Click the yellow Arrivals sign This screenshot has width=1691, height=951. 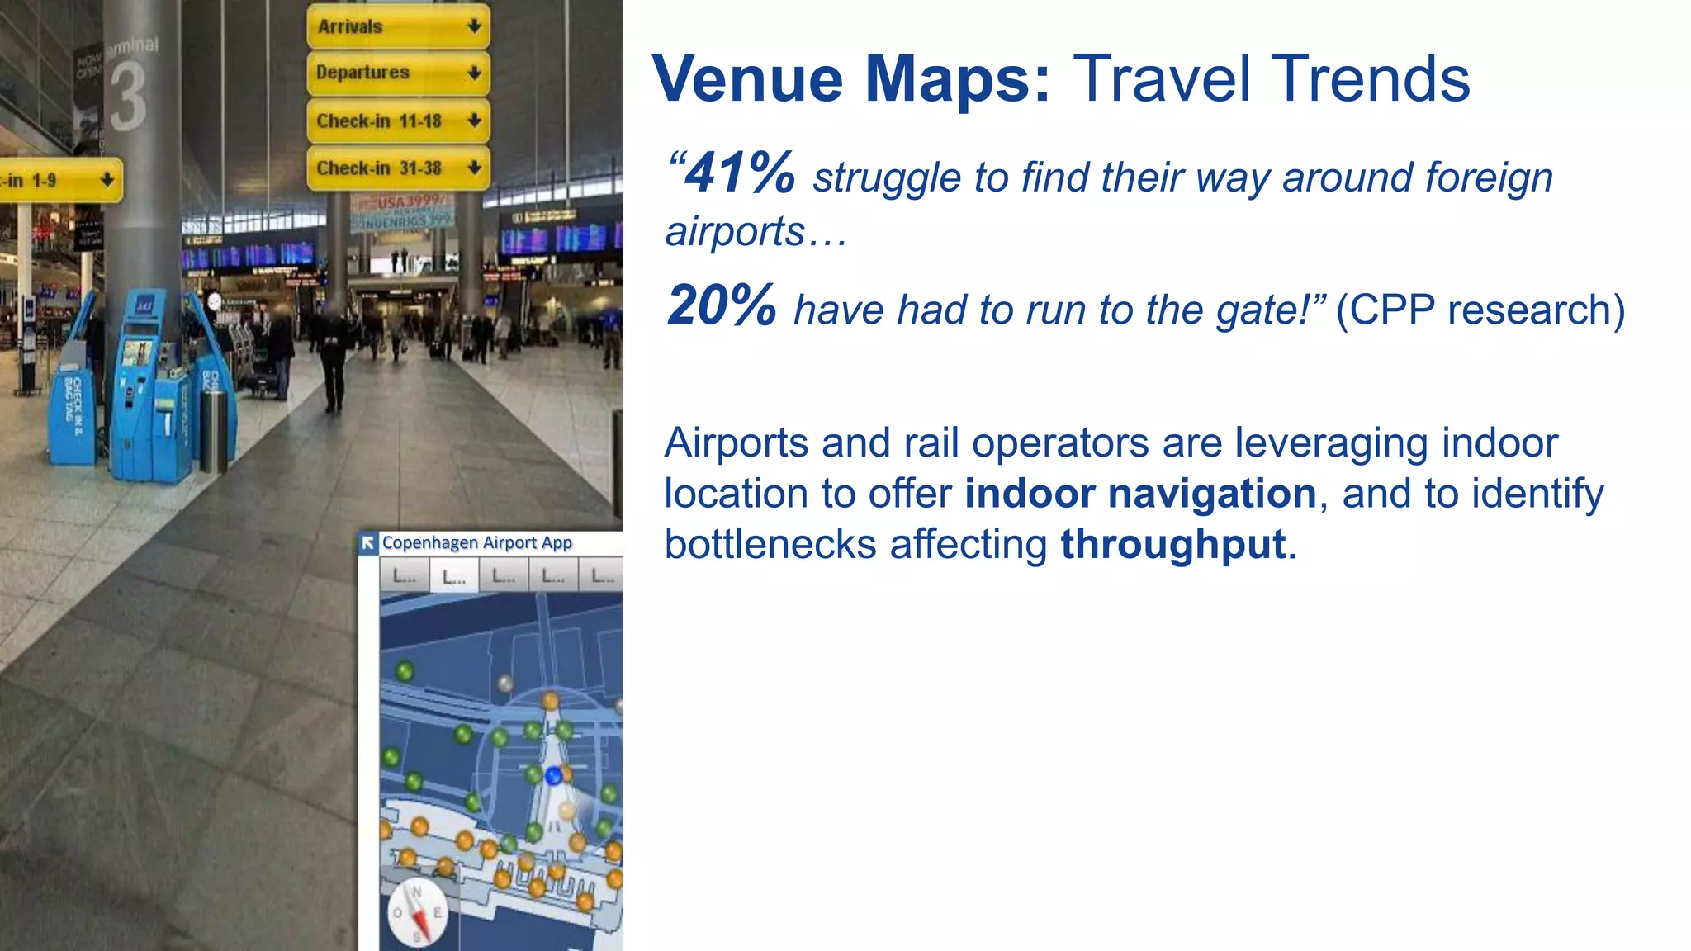pos(398,26)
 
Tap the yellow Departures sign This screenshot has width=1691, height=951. pos(398,73)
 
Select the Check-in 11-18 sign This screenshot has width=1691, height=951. pos(398,121)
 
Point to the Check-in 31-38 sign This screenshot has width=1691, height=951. pos(398,168)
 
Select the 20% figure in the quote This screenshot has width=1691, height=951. pos(722,305)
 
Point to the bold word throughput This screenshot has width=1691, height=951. pos(1173,545)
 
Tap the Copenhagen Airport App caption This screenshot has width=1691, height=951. pos(477,542)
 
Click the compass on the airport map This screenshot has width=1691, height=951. pos(417,913)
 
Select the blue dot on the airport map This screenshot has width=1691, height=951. pos(554,775)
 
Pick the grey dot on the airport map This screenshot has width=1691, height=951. pos(505,683)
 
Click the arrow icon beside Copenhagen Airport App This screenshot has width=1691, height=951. pos(368,542)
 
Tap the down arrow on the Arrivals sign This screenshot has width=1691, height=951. pos(474,26)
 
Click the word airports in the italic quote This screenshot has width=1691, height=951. pos(735,232)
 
